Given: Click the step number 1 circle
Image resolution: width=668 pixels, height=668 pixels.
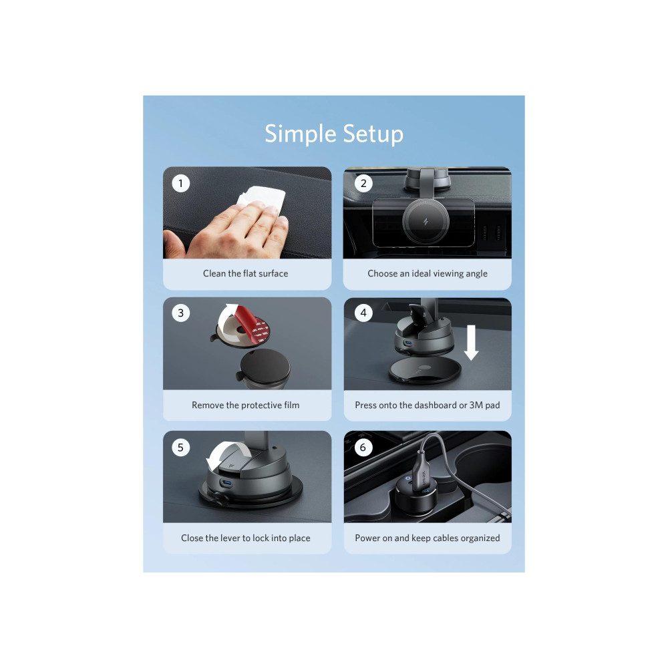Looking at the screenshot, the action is click(180, 184).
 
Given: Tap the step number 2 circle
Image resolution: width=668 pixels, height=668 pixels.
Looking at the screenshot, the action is click(363, 184).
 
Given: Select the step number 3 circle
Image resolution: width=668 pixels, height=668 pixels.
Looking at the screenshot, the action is click(180, 313).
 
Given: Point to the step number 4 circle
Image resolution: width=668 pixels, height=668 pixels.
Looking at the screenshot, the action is click(363, 313).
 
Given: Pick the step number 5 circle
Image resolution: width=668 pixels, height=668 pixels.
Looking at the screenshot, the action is click(180, 448).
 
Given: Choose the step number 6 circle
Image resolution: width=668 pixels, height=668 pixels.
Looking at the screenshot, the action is click(363, 448).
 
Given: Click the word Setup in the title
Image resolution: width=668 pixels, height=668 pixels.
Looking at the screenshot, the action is click(373, 135).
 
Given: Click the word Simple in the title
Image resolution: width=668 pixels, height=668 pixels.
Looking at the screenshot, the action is click(301, 135).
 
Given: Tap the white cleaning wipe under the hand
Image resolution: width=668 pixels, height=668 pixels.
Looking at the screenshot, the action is click(264, 200).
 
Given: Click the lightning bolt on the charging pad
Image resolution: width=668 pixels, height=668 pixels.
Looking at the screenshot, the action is click(425, 222).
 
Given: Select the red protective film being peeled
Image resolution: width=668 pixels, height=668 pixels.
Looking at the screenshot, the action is click(250, 324).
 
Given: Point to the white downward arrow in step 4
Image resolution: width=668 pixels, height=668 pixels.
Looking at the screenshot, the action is click(471, 343).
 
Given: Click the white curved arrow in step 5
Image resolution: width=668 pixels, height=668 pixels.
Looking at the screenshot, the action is click(225, 452).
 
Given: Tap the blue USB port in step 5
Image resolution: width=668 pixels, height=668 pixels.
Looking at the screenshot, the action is click(226, 484).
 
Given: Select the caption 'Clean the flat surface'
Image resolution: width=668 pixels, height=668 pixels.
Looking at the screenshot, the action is click(245, 273).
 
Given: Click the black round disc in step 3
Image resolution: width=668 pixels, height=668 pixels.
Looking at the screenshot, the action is click(265, 366).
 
